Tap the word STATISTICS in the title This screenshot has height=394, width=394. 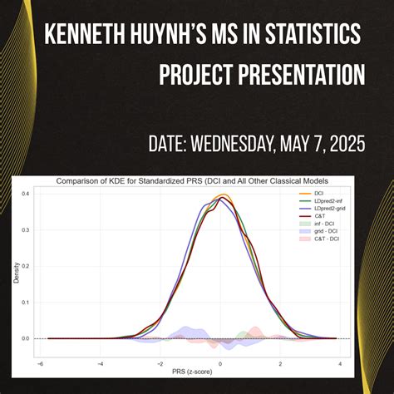(x=318, y=34)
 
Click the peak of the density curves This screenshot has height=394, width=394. (x=220, y=196)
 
